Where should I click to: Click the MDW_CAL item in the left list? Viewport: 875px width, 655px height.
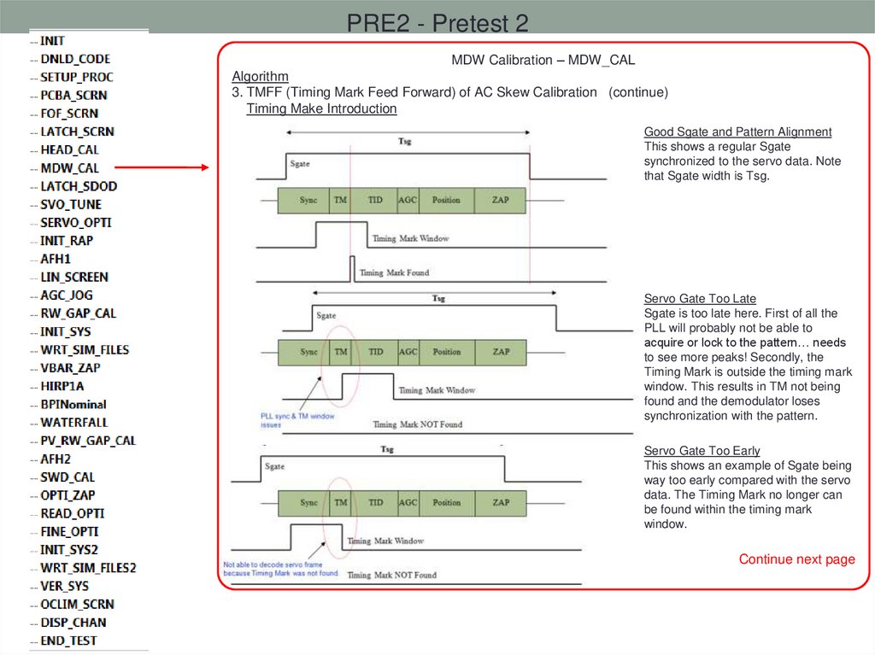pos(69,168)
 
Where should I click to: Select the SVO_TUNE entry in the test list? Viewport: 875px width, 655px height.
pos(71,204)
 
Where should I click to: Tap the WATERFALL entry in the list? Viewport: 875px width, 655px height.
pos(73,422)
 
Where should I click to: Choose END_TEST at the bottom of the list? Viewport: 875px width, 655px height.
pos(68,640)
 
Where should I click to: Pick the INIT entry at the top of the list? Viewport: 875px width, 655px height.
pos(52,41)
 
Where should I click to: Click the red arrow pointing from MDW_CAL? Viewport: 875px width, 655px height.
pos(161,168)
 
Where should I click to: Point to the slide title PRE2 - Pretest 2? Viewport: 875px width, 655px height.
pos(437,23)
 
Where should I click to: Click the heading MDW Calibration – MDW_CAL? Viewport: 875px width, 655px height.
pos(543,61)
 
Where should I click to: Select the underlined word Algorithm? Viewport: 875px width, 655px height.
pos(260,76)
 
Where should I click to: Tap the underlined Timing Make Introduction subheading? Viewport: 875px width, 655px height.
pos(321,108)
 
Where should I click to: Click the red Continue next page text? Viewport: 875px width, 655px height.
pos(796,559)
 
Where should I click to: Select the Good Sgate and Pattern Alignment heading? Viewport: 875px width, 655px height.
pos(737,132)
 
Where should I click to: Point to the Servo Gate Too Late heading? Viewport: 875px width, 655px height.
pos(700,299)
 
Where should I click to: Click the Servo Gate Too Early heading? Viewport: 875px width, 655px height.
pos(702,450)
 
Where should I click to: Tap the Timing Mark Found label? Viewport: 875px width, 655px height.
pos(394,272)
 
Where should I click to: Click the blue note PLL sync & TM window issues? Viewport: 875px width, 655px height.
pos(297,419)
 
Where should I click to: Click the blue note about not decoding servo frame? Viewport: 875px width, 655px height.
pos(280,569)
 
